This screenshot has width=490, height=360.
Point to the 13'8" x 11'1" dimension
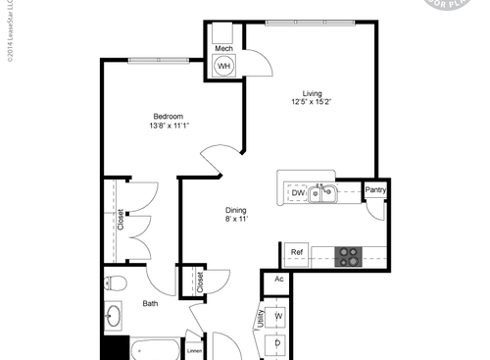[169, 127]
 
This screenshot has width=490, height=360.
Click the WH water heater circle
[224, 66]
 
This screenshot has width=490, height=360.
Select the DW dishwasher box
[298, 193]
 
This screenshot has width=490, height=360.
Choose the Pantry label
[374, 190]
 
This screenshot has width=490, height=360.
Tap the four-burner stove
[348, 255]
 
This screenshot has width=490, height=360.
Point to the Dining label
[235, 210]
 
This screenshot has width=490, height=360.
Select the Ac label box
[278, 280]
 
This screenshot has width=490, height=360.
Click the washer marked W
[278, 316]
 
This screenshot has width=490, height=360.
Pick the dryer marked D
[278, 343]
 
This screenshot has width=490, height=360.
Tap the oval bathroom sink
[113, 318]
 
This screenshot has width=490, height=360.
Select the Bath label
[150, 304]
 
